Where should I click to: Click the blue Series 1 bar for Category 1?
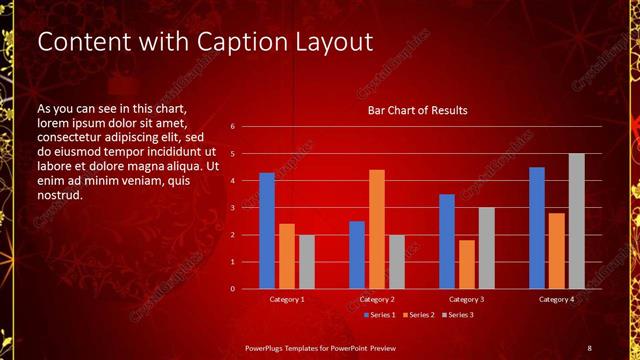[x=267, y=231]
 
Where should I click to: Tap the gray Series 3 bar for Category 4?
[x=576, y=221]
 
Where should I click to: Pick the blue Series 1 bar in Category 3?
[x=447, y=241]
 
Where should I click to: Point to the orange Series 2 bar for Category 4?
[x=556, y=251]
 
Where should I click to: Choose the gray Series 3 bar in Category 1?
[x=306, y=262]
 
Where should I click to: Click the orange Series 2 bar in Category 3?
[x=466, y=264]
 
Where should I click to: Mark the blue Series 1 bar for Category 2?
[x=357, y=255]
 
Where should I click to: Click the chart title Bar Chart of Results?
[x=417, y=110]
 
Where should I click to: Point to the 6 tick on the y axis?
[x=232, y=127]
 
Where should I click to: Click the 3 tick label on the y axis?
[x=232, y=208]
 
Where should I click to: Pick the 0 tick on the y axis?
[x=232, y=289]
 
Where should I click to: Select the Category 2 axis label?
[x=377, y=299]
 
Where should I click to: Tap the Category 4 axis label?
[x=556, y=299]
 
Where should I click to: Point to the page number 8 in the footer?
[x=589, y=347]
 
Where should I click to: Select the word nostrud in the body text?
[x=59, y=194]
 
